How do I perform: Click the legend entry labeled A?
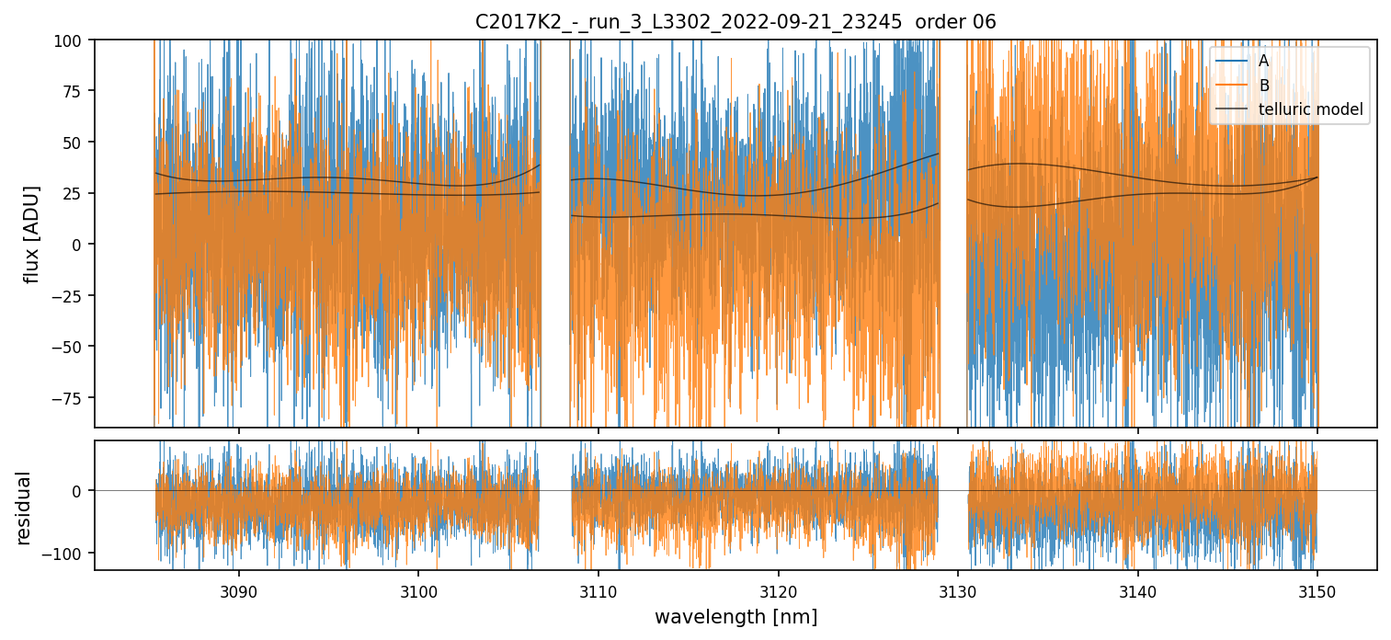1263,61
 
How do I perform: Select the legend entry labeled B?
1263,86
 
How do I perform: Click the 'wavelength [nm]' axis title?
735,617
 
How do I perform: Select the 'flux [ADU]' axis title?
32,234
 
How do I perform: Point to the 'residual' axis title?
24,508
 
